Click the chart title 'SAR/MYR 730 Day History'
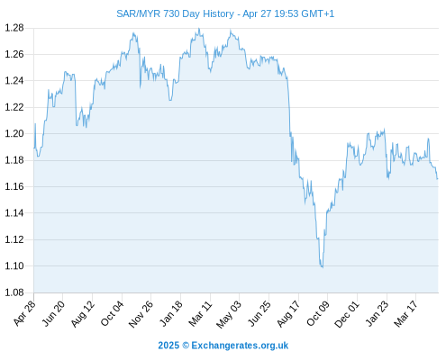coord(175,13)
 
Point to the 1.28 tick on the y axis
coord(14,28)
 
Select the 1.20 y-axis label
coord(14,133)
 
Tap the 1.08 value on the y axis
coord(14,292)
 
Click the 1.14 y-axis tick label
coord(14,213)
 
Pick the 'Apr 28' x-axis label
coord(24,312)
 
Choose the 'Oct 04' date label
coord(112,313)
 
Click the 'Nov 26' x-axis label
coord(141,314)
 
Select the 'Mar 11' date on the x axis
coord(200,313)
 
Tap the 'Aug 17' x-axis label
coord(288,314)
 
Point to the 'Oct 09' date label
coord(318,313)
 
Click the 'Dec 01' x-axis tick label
coord(347,314)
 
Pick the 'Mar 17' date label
coord(406,313)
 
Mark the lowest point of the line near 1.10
coord(323,267)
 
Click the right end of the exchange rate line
coord(438,179)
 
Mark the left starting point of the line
coord(34,148)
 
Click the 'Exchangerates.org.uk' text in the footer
coord(240,346)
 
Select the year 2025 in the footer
coord(168,346)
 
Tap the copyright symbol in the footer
coord(186,346)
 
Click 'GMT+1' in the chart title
coord(317,13)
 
